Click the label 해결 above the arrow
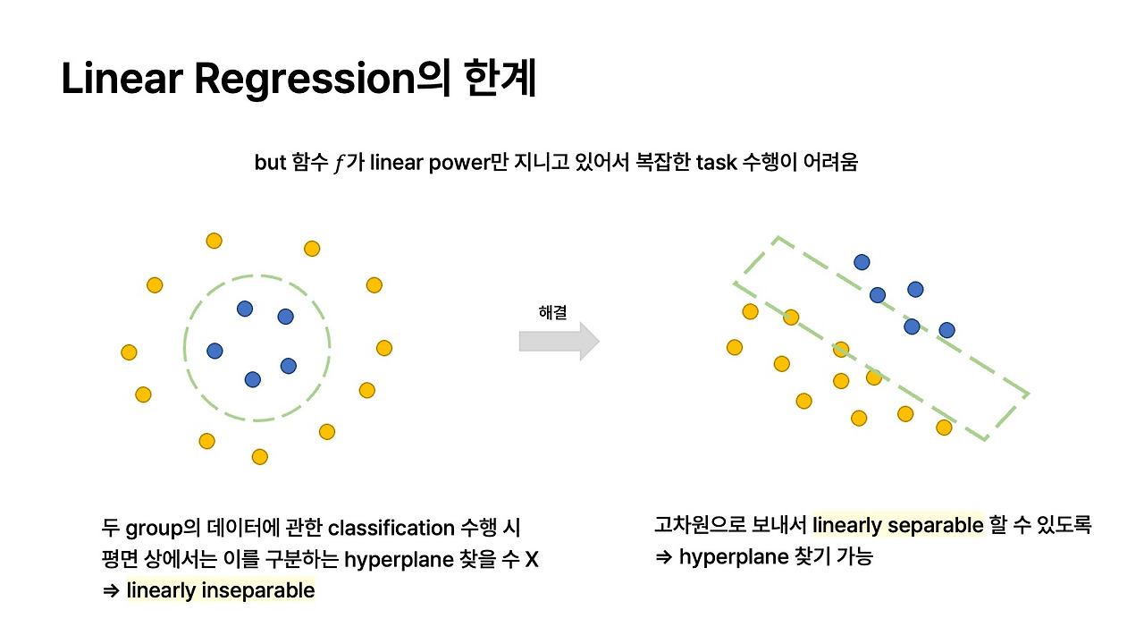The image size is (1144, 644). coord(552,311)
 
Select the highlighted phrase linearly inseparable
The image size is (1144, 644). coord(221,590)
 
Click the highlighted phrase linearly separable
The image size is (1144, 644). coord(897,525)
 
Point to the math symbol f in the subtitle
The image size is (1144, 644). coord(339,164)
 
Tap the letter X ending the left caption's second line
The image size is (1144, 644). coord(532,560)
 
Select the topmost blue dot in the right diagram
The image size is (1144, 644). coord(862,262)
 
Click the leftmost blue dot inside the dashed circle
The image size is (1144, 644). coord(214,352)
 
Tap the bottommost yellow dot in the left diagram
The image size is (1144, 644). coord(260,457)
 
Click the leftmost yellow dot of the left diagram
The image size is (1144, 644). coord(129,352)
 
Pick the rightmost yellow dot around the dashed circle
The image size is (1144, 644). coord(384,348)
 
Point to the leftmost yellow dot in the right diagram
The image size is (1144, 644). coord(735,347)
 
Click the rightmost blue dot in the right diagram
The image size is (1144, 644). coord(947,330)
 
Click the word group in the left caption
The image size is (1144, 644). coord(159,528)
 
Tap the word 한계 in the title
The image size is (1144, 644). coord(500,80)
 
